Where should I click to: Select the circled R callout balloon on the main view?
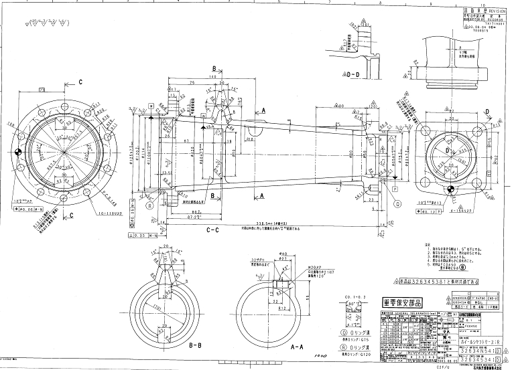150,206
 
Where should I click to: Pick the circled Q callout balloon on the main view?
397,203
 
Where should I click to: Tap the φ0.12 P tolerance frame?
428,209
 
